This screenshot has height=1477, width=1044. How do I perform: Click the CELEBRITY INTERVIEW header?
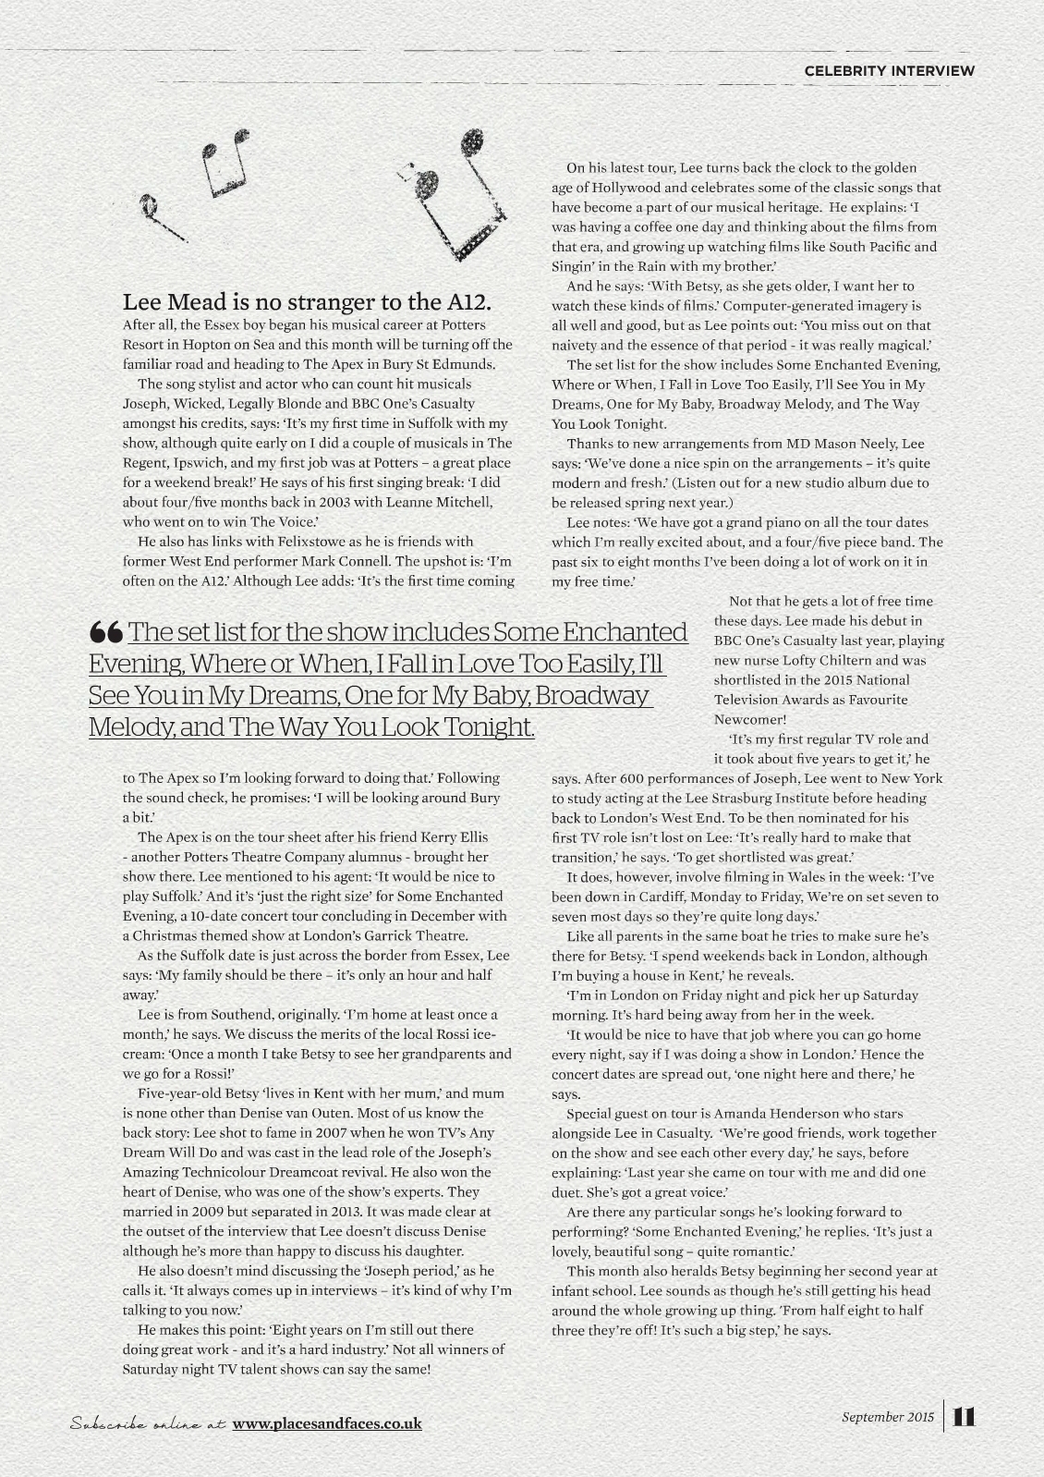(889, 70)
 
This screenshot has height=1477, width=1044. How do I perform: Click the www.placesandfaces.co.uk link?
(327, 1423)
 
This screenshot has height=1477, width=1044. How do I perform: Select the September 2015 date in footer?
(888, 1416)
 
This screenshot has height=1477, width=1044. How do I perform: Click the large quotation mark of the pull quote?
(106, 633)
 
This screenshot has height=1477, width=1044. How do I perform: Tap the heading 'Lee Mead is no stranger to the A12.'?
(307, 302)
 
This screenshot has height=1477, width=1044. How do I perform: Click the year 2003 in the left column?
(282, 502)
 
